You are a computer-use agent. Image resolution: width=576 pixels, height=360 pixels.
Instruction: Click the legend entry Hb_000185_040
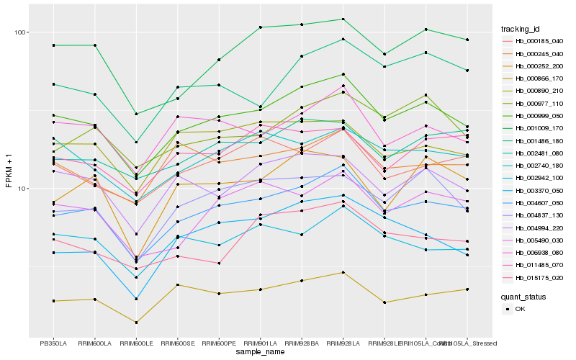click(539, 41)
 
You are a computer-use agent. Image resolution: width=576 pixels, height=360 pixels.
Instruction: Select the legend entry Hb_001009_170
click(539, 128)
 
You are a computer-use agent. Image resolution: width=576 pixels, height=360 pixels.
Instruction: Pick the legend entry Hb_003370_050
click(539, 191)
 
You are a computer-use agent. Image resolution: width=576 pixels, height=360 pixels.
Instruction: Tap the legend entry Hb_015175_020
click(539, 278)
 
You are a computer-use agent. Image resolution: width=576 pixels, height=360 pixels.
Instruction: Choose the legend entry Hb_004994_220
click(539, 228)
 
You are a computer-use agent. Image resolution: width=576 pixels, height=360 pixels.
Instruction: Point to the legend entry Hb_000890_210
click(539, 91)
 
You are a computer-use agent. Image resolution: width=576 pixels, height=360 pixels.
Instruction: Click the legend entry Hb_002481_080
click(539, 153)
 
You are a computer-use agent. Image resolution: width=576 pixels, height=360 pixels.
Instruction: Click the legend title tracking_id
click(526, 29)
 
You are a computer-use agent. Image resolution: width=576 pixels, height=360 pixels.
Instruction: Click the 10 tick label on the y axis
click(21, 189)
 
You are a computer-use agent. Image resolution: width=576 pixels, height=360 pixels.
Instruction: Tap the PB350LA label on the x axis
click(54, 343)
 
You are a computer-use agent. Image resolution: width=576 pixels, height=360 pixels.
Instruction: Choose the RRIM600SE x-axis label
click(178, 343)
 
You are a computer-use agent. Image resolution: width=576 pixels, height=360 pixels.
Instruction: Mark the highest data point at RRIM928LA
click(343, 19)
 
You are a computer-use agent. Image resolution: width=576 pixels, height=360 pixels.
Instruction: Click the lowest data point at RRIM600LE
click(137, 323)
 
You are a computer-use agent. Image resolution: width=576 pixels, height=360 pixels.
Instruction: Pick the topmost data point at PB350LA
click(54, 45)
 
